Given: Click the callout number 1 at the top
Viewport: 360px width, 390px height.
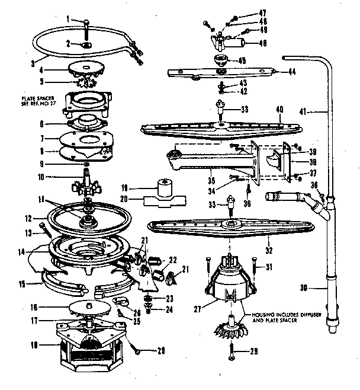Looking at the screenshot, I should click(x=69, y=20).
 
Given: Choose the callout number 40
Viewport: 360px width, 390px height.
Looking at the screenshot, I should click(x=278, y=109).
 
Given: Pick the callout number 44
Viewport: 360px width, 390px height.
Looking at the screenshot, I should click(x=291, y=72).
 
